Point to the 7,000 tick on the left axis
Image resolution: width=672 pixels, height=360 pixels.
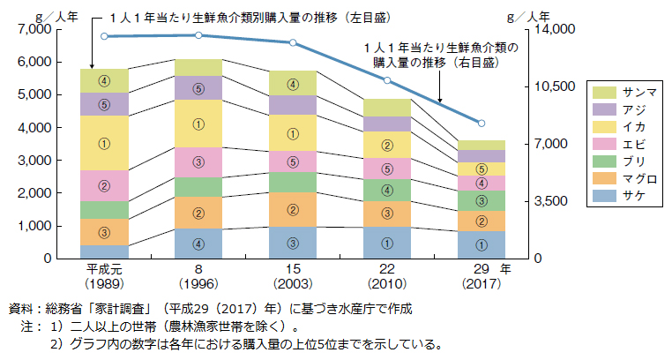[34, 30]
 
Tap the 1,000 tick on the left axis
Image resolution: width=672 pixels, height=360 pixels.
[34, 226]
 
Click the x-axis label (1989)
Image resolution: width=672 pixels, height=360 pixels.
[104, 284]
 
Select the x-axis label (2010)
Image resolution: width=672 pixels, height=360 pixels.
[386, 284]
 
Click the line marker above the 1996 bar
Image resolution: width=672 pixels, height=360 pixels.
[198, 35]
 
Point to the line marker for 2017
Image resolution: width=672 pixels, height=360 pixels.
[481, 123]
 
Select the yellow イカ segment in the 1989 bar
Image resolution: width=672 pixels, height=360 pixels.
[104, 143]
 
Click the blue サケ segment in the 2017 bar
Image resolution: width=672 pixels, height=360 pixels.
[481, 244]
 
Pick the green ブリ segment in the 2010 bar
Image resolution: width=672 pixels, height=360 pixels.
[386, 190]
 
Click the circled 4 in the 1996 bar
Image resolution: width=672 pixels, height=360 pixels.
[198, 244]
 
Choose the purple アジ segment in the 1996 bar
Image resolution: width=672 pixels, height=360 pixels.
[198, 87]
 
